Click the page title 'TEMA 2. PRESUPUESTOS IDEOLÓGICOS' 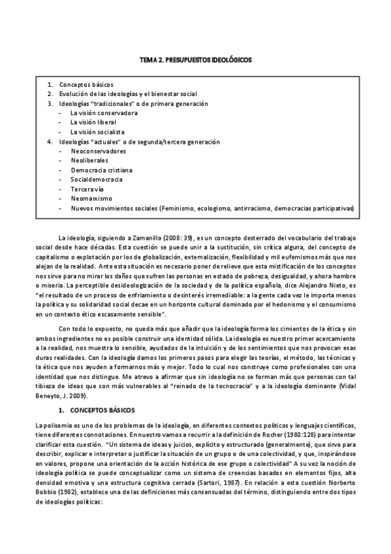pyautogui.click(x=195, y=59)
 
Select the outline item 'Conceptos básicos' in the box pyautogui.click(x=86, y=85)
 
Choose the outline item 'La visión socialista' pyautogui.click(x=99, y=132)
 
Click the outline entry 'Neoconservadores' pyautogui.click(x=98, y=151)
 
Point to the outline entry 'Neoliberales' pyautogui.click(x=89, y=160)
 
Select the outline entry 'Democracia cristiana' pyautogui.click(x=101, y=170)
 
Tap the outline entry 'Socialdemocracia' pyautogui.click(x=97, y=179)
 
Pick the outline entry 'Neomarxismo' pyautogui.click(x=91, y=198)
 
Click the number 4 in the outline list pyautogui.click(x=49, y=141)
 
